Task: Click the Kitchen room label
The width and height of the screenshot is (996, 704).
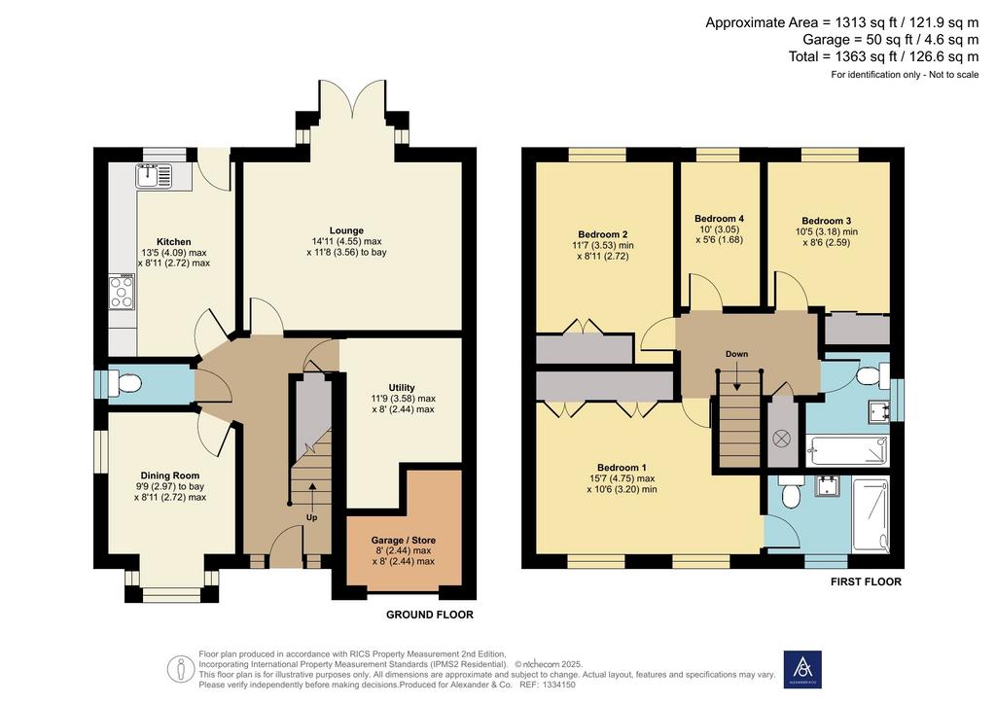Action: (174, 242)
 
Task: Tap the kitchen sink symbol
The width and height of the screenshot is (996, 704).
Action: (153, 176)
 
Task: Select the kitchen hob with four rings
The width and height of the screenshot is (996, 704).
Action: (122, 292)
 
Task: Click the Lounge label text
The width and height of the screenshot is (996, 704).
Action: (346, 230)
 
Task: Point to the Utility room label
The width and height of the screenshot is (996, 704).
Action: (402, 387)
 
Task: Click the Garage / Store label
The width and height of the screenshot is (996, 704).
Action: (404, 541)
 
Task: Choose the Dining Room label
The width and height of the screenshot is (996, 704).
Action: (170, 475)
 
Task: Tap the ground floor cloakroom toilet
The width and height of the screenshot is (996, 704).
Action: (124, 384)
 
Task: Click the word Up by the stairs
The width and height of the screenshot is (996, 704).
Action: (312, 517)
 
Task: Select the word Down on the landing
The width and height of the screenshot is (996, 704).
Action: (737, 354)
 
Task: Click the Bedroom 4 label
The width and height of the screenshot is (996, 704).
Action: (719, 219)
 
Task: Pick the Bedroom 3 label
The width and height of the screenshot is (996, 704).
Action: (827, 221)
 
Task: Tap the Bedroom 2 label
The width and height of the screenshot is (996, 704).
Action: (603, 234)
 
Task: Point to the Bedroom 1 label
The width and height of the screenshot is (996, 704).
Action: (622, 467)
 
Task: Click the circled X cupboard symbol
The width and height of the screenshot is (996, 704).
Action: (781, 438)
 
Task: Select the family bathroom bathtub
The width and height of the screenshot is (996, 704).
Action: (847, 451)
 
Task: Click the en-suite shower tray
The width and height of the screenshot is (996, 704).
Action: (871, 515)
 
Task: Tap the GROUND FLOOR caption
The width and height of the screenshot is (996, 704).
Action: (430, 615)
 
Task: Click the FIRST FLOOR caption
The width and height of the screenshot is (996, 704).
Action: (866, 581)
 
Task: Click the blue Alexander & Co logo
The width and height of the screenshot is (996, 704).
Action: (802, 669)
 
